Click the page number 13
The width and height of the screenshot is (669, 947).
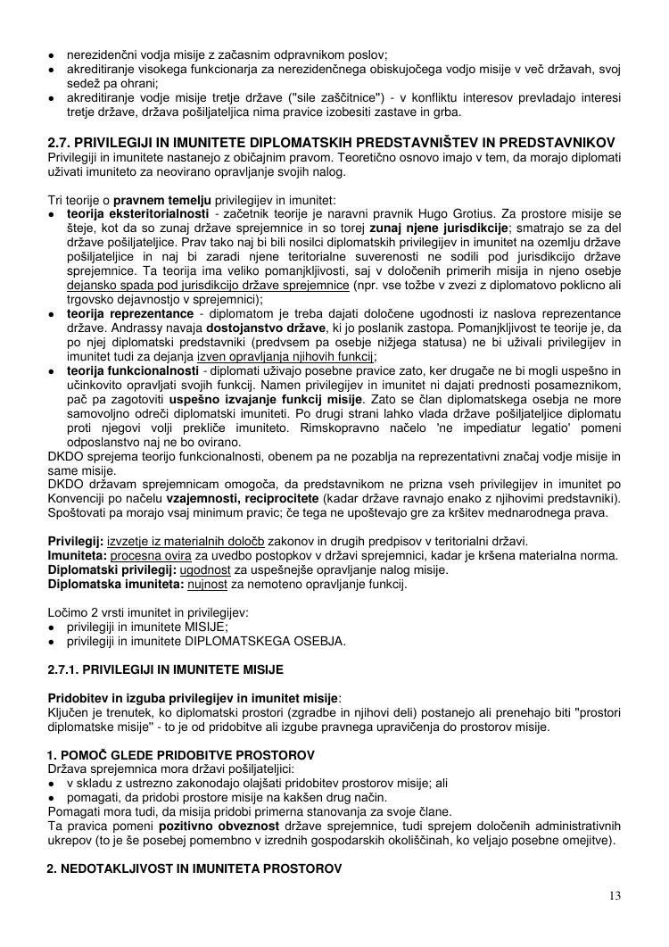pyautogui.click(x=615, y=896)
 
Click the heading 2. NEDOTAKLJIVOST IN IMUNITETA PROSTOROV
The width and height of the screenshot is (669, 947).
pyautogui.click(x=187, y=868)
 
